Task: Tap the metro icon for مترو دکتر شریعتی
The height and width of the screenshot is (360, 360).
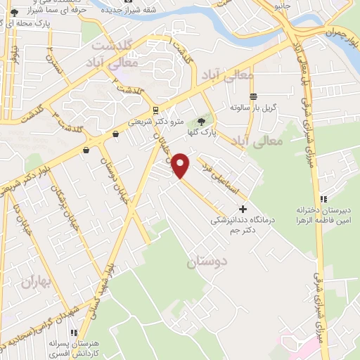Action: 156,110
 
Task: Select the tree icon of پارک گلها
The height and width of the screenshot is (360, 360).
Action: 203,122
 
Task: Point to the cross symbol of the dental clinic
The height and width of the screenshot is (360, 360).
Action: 243,209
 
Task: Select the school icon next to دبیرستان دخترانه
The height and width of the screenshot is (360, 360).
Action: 324,198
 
